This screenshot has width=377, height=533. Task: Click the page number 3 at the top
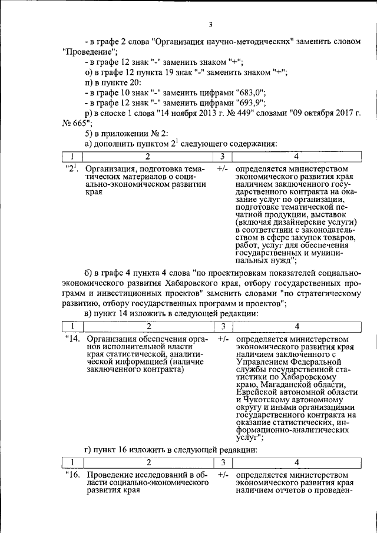(210, 24)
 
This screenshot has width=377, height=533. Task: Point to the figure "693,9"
(251, 102)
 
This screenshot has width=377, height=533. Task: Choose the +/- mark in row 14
(223, 340)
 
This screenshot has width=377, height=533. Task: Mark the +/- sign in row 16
(223, 475)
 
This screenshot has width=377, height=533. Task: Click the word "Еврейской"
(259, 392)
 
